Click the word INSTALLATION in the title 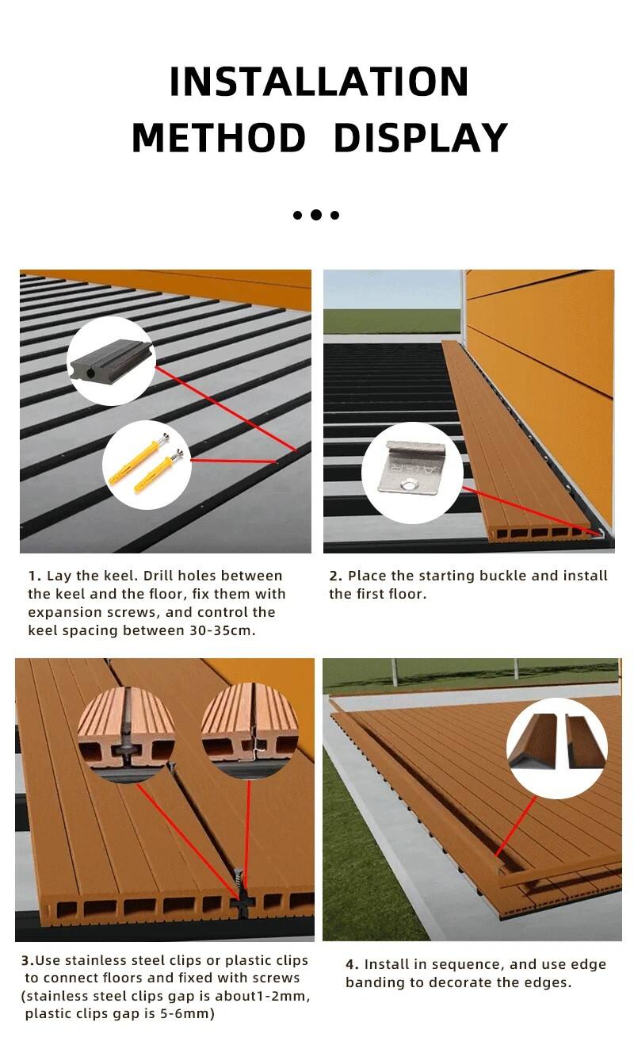pos(319,82)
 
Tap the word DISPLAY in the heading pos(421,138)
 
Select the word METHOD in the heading pos(219,138)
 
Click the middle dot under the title pos(316,215)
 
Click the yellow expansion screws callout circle pos(147,465)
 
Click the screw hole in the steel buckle pos(411,483)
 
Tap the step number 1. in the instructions pos(35,576)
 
